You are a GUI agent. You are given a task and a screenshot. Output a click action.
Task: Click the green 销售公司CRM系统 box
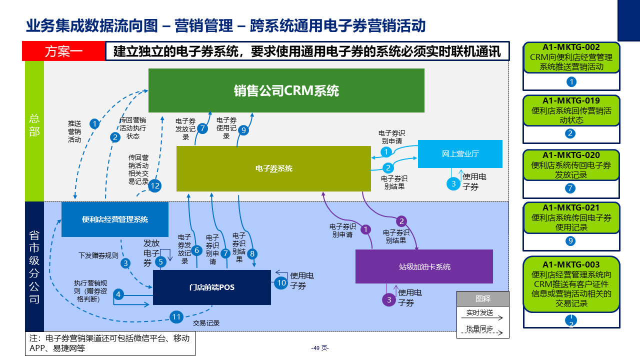(x=286, y=90)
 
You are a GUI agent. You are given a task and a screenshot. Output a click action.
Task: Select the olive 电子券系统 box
(x=273, y=168)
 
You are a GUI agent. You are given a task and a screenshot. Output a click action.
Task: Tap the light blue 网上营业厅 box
(x=460, y=153)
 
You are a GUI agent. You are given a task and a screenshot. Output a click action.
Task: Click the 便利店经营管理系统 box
(x=115, y=219)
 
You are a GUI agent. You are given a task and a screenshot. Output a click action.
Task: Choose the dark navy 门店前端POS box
(x=211, y=287)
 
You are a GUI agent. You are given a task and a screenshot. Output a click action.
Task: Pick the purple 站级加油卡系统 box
(x=424, y=266)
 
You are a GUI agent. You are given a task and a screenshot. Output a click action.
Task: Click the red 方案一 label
(x=63, y=51)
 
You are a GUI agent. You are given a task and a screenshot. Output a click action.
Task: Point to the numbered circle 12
(x=155, y=186)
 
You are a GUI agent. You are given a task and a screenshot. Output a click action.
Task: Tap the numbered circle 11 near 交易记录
(x=176, y=316)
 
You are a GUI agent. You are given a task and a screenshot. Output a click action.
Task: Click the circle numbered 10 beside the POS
(x=281, y=282)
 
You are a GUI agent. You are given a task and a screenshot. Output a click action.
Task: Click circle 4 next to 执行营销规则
(x=118, y=294)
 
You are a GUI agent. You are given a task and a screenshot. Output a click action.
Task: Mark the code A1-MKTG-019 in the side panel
(x=571, y=100)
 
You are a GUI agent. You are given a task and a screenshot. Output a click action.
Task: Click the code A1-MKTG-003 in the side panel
(x=571, y=264)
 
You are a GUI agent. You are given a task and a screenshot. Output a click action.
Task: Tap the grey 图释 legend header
(x=482, y=298)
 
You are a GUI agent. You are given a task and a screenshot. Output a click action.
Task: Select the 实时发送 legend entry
(x=479, y=313)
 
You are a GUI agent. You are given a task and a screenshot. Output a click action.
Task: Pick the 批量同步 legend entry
(x=479, y=328)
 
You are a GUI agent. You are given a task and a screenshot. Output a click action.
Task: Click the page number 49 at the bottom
(x=319, y=348)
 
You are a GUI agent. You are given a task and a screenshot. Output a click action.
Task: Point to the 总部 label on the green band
(x=34, y=125)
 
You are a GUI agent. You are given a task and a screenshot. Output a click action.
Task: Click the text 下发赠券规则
(x=98, y=255)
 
